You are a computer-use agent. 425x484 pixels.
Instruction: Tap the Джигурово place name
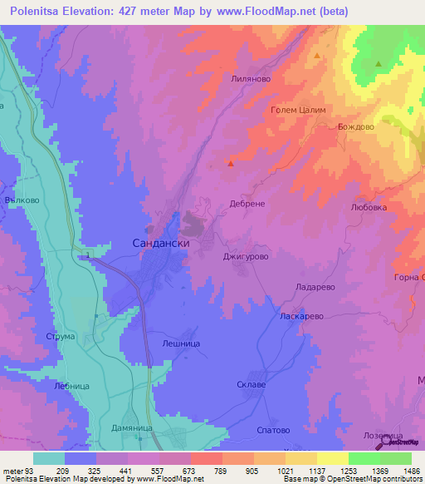pos(247,258)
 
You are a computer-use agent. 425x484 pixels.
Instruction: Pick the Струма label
pos(62,336)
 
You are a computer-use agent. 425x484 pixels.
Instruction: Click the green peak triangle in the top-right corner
pos(379,63)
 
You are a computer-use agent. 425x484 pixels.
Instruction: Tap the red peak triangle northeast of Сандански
pos(231,163)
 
